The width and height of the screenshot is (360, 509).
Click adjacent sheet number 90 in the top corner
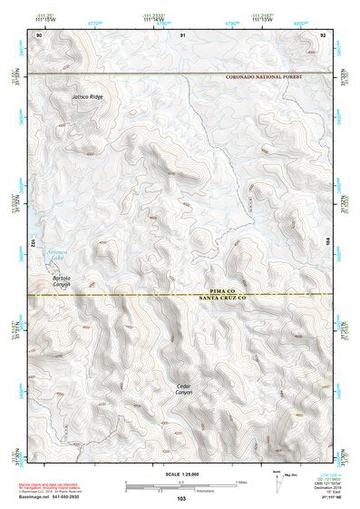(x=38, y=34)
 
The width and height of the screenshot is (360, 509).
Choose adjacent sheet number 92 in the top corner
(x=323, y=34)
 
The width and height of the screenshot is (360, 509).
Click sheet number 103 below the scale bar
(x=181, y=499)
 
